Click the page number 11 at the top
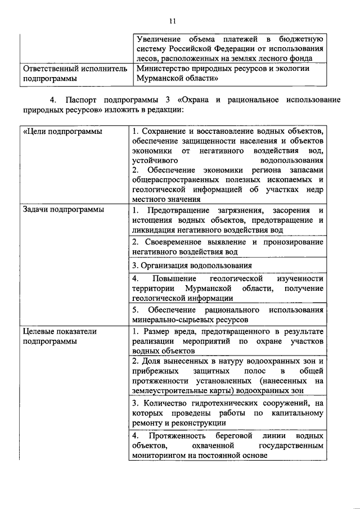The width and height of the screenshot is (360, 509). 173,21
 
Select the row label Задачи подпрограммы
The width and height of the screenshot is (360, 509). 55,210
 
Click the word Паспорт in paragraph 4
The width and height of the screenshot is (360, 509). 84,100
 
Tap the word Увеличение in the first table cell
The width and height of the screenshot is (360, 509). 163,38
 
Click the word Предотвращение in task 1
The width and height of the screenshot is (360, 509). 178,210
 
